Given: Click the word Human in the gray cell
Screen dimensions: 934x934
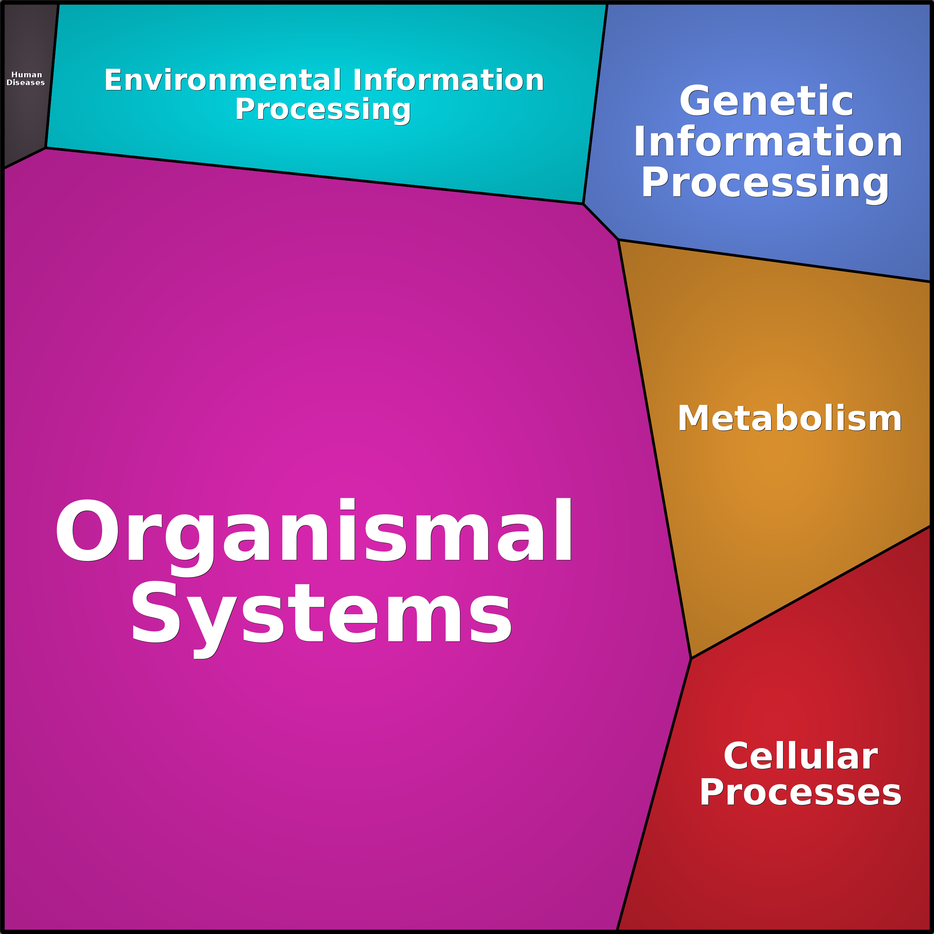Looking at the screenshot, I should (27, 75).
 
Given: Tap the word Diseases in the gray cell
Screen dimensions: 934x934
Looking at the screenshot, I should (26, 83).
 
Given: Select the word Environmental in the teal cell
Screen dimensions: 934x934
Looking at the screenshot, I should (223, 80).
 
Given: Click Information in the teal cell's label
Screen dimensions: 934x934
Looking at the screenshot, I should (448, 80).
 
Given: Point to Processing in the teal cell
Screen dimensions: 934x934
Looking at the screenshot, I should (323, 109).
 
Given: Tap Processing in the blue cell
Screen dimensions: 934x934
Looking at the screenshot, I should (765, 183).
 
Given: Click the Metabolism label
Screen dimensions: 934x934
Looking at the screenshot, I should (789, 418).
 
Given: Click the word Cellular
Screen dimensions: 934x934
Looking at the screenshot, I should (801, 756).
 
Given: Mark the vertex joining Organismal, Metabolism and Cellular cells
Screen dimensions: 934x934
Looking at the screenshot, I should (691, 658).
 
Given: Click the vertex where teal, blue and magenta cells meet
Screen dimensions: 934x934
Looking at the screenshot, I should (583, 204).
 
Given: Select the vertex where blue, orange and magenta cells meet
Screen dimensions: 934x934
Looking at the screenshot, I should (618, 239).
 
